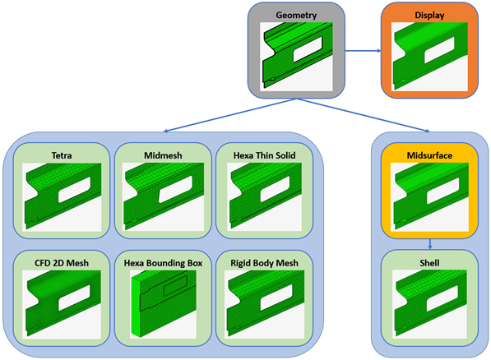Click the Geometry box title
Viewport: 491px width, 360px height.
(x=296, y=16)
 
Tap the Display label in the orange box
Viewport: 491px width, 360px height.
(x=429, y=16)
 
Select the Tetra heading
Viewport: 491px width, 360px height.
(x=62, y=155)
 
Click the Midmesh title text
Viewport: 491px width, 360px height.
(x=163, y=155)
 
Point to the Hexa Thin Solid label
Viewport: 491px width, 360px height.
(x=264, y=155)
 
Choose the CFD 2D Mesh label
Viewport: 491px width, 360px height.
(x=62, y=263)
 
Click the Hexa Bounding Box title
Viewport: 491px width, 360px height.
(x=163, y=263)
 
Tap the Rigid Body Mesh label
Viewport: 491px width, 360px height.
(x=264, y=263)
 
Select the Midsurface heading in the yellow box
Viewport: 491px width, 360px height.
(x=429, y=155)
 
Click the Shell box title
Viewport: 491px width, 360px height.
(x=429, y=263)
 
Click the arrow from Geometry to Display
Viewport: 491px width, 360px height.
(x=363, y=51)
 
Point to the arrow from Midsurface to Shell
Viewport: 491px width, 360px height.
(x=430, y=244)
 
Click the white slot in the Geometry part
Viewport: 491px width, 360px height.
(x=308, y=49)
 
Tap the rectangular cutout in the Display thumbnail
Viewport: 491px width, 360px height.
(x=439, y=50)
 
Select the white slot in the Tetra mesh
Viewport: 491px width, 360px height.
(x=74, y=189)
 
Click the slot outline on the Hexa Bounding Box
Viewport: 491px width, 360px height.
(x=175, y=285)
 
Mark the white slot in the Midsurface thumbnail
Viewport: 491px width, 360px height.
(x=442, y=191)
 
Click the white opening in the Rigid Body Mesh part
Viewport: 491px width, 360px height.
(x=276, y=298)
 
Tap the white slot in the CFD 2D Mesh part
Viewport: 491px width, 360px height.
(x=74, y=298)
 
